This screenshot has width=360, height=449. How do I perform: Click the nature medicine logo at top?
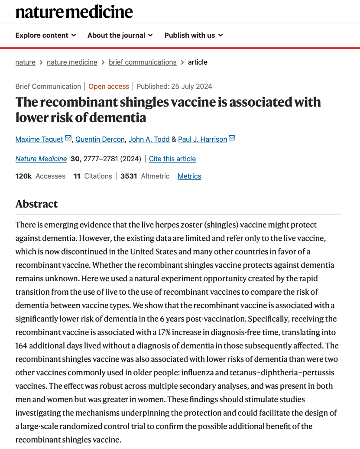(74, 12)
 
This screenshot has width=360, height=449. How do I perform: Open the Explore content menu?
(45, 35)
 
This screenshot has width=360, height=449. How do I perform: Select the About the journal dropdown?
(120, 35)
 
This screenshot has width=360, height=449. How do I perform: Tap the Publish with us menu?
(193, 35)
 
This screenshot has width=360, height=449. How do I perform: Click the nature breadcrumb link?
(25, 62)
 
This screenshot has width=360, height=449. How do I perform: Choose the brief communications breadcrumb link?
(143, 62)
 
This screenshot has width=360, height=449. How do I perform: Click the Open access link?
(109, 86)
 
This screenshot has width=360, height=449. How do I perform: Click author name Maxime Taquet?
(39, 139)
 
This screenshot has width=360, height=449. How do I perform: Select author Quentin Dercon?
(100, 139)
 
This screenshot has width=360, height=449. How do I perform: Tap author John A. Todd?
(149, 139)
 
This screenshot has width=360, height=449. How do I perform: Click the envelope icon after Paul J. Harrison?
(232, 139)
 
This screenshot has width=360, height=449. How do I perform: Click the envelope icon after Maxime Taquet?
(68, 139)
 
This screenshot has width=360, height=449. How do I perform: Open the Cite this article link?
(172, 159)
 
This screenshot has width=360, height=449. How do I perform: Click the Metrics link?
(189, 176)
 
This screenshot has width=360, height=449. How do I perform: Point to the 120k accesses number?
(23, 176)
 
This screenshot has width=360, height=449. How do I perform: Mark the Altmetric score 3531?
(129, 176)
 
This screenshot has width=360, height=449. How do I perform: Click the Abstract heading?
(36, 204)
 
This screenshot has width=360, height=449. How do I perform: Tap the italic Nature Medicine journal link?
(41, 159)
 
